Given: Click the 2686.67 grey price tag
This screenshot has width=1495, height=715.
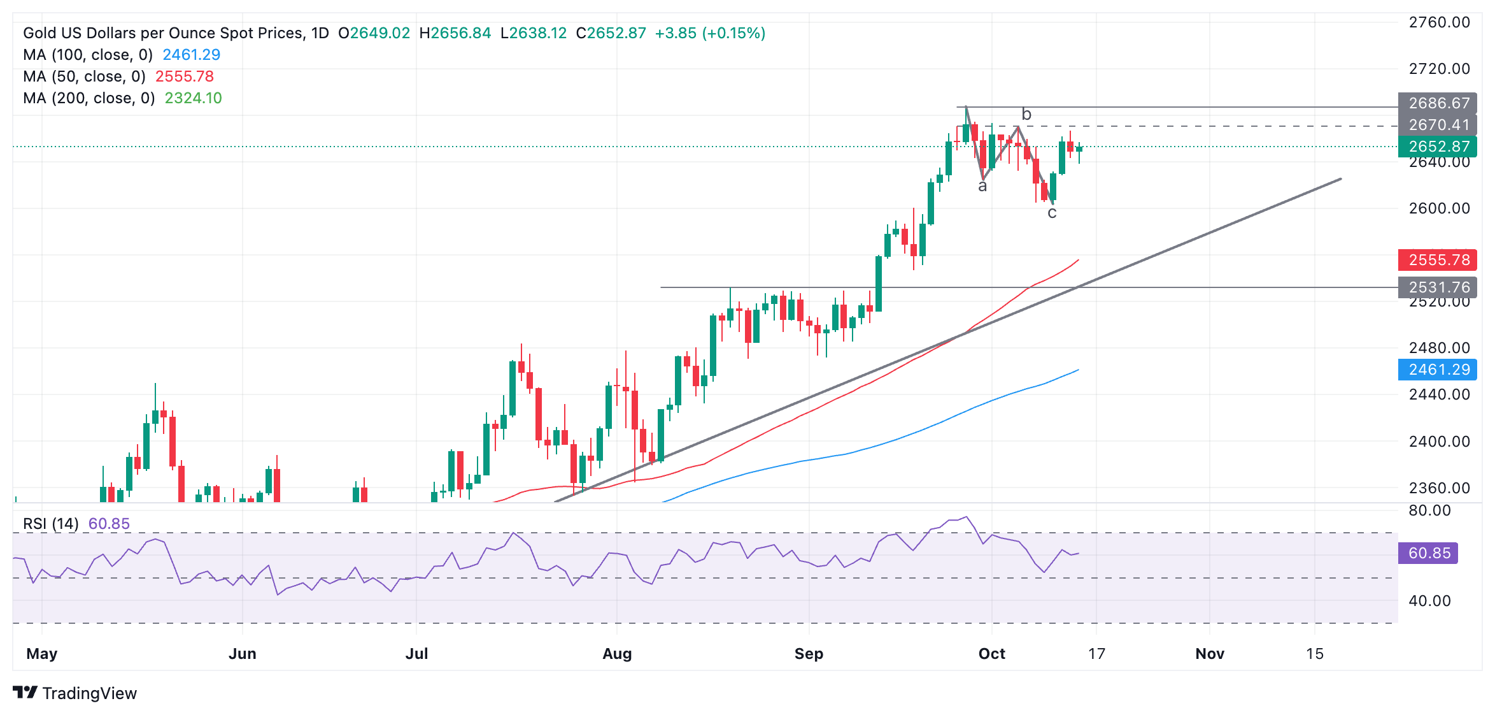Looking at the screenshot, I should click(1438, 103).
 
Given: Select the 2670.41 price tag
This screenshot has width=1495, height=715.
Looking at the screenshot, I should click(1438, 125).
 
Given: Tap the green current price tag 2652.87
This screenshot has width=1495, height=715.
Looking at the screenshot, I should click(1438, 147).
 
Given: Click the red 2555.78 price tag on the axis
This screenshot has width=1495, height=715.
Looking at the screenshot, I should click(1438, 260).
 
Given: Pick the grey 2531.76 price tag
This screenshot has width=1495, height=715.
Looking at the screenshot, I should click(1438, 287).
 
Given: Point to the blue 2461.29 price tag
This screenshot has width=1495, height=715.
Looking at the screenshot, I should click(1438, 370).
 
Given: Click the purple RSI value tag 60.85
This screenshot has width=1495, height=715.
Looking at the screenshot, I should click(1428, 553).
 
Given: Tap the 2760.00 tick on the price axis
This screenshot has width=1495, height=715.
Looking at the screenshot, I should click(1439, 23).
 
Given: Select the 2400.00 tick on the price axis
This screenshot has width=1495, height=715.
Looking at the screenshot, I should click(1439, 442).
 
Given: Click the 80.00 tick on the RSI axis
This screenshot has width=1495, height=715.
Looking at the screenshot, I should click(1429, 510).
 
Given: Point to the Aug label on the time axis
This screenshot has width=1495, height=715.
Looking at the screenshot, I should click(617, 654).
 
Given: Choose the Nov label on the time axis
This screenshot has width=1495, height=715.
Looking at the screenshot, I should click(1210, 654).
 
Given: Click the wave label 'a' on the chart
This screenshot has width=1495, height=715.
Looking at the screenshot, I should click(982, 186).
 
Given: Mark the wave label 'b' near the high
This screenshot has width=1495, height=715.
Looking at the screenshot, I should click(1026, 114).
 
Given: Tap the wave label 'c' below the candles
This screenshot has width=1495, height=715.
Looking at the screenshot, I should click(1052, 213).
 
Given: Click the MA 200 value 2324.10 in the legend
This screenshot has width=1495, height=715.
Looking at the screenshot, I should click(193, 98).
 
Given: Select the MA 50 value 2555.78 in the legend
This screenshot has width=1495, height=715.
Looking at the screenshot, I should click(185, 76).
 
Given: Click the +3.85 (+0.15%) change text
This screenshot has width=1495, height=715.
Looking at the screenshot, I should click(710, 33).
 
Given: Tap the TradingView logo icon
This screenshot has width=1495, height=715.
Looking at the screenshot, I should click(26, 693).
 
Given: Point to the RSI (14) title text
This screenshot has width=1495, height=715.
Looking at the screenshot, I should click(51, 524).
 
